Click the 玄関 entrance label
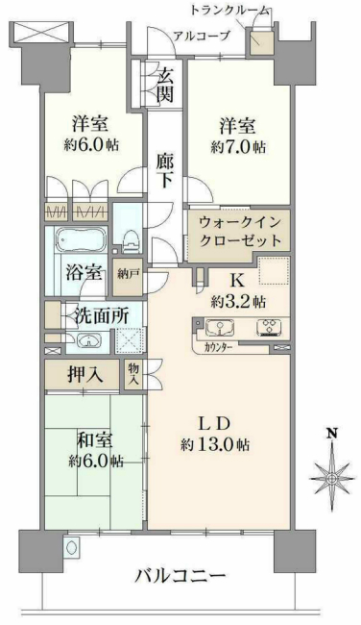point(165,83)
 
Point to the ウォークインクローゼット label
point(241,231)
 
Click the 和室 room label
point(95,439)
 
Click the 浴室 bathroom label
point(84,271)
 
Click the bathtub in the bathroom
point(77,240)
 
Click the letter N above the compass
point(331,435)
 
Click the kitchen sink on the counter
point(220,329)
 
